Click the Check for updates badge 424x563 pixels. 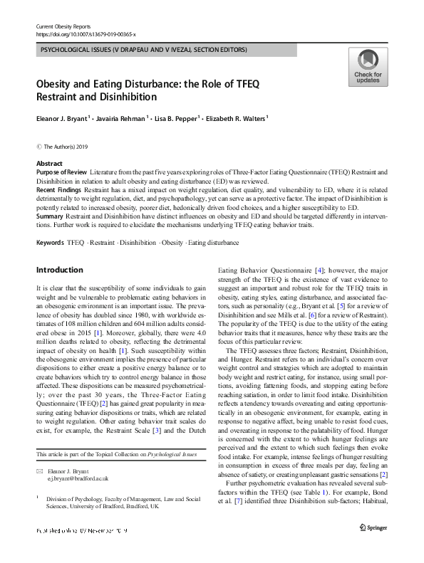(366, 65)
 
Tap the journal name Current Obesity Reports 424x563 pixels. (66, 26)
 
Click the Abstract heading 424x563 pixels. (48, 163)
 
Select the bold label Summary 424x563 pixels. (51, 215)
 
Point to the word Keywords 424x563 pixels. (49, 243)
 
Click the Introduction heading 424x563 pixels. (59, 270)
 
